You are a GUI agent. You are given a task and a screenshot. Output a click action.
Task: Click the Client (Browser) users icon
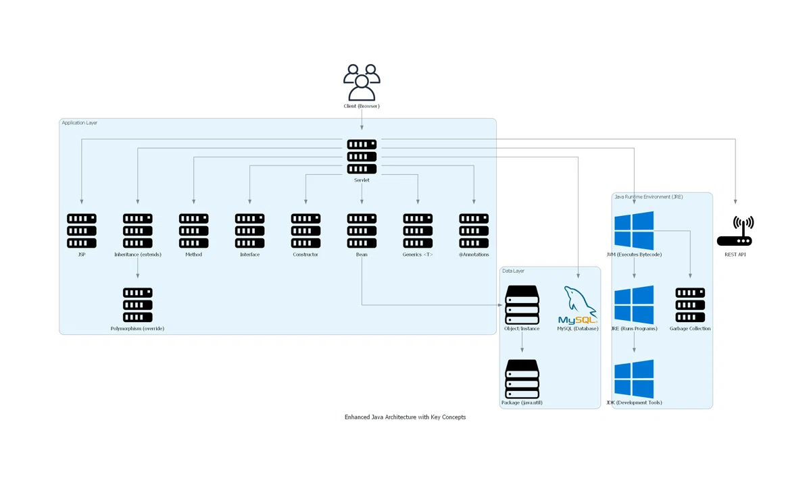click(362, 82)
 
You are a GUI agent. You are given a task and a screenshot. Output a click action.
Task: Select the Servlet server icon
click(362, 157)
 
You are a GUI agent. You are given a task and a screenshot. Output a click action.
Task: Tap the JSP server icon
click(82, 231)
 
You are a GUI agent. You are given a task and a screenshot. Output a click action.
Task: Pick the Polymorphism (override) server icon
click(138, 304)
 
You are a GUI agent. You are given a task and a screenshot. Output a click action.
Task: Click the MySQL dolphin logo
click(578, 304)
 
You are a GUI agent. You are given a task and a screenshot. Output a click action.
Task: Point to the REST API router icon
click(735, 231)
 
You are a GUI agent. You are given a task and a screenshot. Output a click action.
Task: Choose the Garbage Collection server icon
click(690, 304)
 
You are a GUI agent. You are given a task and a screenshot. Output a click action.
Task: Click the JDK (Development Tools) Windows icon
click(634, 379)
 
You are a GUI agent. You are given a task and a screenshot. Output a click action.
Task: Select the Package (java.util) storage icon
click(522, 379)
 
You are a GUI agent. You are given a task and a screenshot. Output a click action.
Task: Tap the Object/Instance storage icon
click(522, 304)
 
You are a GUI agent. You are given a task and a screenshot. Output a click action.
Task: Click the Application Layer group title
click(79, 123)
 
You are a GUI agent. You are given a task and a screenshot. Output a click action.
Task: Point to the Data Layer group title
click(513, 271)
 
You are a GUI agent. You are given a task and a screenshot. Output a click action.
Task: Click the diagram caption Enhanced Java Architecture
click(405, 417)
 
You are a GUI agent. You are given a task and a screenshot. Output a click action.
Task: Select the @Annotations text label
click(474, 255)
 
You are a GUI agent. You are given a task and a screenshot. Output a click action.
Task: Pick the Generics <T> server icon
click(418, 231)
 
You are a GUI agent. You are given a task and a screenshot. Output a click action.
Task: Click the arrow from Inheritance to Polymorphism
click(138, 268)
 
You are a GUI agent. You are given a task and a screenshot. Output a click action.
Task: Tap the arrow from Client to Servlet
click(362, 120)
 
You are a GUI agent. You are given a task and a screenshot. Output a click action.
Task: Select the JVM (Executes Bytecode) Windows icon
click(634, 231)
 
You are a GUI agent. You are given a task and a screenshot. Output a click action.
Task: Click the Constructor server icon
click(305, 231)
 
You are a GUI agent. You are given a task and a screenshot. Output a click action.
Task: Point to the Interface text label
click(250, 255)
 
